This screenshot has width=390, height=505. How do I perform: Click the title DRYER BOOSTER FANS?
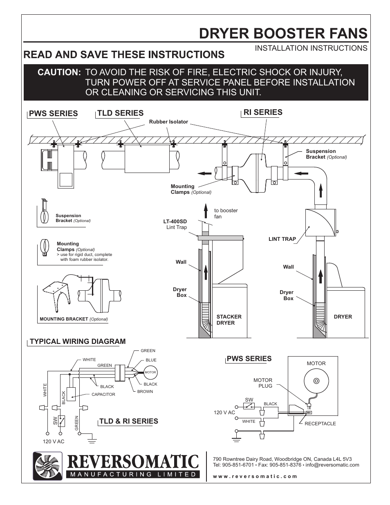pos(283,33)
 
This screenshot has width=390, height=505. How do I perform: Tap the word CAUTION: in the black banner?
pos(59,72)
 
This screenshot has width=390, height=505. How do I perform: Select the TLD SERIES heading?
pos(120,113)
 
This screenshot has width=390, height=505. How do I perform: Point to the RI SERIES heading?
pos(263,112)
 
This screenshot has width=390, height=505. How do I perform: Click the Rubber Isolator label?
pos(168,122)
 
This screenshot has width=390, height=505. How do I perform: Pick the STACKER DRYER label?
pos(229,320)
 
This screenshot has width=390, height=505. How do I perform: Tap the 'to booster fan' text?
pos(226,213)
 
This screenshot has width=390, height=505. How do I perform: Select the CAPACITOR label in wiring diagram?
pos(103,395)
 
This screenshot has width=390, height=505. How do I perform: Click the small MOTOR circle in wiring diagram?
pos(150,373)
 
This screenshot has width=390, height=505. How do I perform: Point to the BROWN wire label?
pos(145,392)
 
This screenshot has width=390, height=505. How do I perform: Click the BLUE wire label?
pos(151,360)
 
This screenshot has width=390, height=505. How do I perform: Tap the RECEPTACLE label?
pos(320,424)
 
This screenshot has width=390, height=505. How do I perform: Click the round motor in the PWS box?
pos(316,382)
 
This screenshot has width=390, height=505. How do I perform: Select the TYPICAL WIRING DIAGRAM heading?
pos(78,341)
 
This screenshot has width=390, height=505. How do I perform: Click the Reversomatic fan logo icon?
pos(47,466)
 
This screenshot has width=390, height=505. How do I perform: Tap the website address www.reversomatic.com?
pos(255,476)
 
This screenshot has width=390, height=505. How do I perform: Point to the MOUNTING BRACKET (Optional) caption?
pos(74,319)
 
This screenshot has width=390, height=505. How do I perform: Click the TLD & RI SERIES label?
pos(128,421)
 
